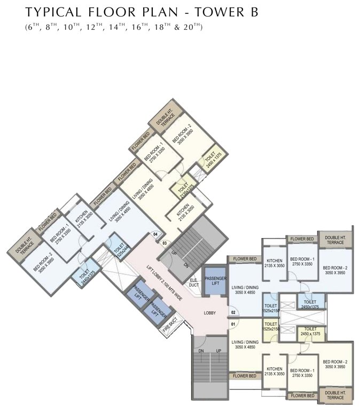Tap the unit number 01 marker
233,323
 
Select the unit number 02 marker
233,312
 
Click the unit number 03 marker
165,243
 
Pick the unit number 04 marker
155,234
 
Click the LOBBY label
209,313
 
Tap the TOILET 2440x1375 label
84,277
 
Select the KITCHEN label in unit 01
275,371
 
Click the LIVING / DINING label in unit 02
245,289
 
